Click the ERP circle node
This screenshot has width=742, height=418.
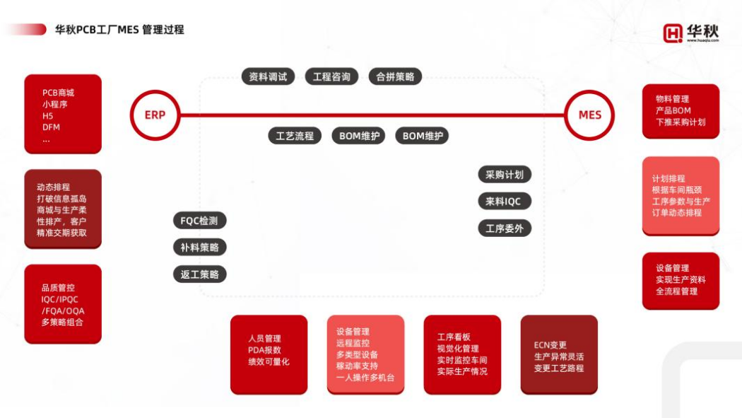coord(155,115)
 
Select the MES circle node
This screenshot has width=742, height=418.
coord(589,115)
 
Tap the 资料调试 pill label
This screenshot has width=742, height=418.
coord(268,77)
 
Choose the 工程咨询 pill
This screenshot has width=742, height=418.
coord(331,77)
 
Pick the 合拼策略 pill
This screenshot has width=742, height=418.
coord(395,77)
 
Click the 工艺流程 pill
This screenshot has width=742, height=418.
coord(295,136)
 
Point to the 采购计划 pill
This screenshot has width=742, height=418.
coord(504,175)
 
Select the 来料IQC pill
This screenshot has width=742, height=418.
coord(504,202)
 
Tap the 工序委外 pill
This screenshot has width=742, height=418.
coord(504,228)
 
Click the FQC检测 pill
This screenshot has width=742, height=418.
coord(199,221)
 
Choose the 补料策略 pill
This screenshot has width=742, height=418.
coord(199,248)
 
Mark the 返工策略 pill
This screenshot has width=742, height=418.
coord(199,274)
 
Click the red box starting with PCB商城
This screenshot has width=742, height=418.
coord(63,114)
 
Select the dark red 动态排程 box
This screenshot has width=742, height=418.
coord(63,209)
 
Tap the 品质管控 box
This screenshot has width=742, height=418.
coord(63,304)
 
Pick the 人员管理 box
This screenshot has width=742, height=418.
coord(269,354)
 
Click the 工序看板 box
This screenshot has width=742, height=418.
coord(462,354)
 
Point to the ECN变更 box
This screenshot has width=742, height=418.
coord(559,354)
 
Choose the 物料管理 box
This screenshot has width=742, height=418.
coord(681,111)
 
